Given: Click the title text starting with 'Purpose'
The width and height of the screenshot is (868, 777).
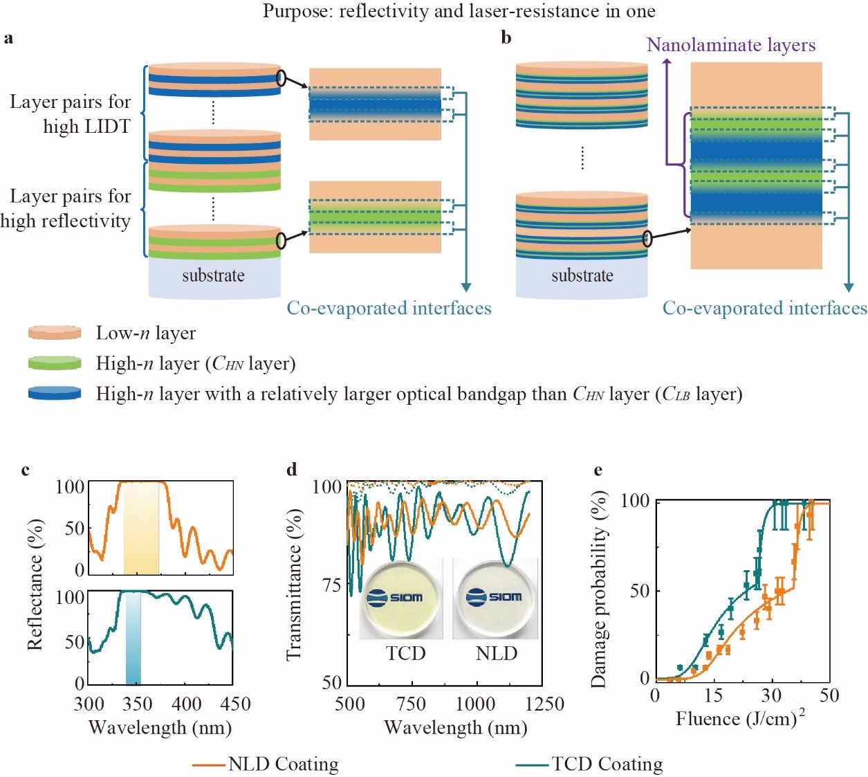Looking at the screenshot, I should coord(459,11).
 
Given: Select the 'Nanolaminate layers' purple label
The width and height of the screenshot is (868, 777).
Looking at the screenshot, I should coord(730,45).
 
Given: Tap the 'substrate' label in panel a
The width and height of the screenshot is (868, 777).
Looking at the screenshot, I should coord(213,275).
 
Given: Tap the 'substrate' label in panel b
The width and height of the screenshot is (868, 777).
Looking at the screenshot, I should coord(582,275).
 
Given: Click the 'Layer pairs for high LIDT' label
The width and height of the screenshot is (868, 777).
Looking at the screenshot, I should coord(70,114).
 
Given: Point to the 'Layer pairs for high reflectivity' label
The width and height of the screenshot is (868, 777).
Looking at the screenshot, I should coord(66,208).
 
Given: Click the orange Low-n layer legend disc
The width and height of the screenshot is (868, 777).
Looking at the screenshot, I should coord(55,333).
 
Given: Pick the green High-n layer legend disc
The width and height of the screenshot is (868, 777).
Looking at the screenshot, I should coord(55,363).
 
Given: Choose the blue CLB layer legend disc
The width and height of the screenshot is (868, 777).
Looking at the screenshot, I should coord(55,393).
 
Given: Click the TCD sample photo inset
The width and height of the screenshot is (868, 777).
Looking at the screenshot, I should coord(402,598).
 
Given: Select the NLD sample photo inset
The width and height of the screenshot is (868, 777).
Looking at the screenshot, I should coord(495,598).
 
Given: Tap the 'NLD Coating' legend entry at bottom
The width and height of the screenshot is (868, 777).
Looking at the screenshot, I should coord(266,764).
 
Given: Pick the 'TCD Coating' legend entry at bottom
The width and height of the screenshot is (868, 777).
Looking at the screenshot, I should coord(589,764).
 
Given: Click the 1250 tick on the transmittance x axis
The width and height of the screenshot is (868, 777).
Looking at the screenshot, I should coord(544,704).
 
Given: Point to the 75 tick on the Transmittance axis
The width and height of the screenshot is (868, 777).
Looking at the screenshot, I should coord(331,585).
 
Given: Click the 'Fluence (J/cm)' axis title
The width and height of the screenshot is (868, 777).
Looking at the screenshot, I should coord(739,719).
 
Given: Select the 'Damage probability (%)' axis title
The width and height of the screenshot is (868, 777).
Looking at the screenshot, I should coord(599,589).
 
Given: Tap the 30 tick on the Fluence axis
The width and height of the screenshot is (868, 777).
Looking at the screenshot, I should coord(771,695).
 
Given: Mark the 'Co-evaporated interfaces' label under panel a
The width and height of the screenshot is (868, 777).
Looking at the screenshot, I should coord(389,309).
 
